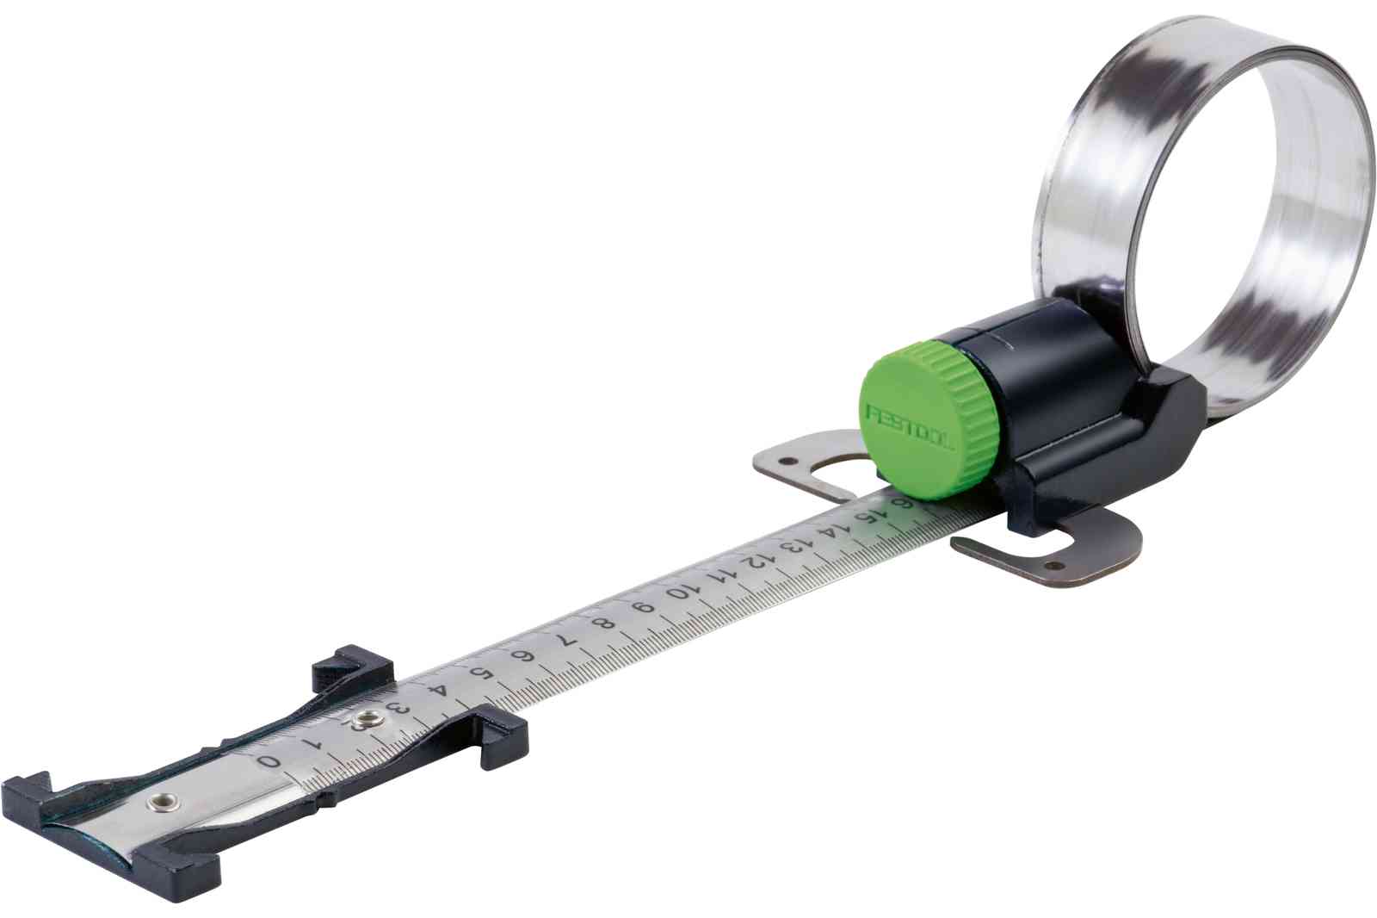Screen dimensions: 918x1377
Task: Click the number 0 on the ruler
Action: click(269, 761)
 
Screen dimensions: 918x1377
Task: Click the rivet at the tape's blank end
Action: click(157, 803)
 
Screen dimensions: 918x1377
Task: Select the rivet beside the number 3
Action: click(366, 717)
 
